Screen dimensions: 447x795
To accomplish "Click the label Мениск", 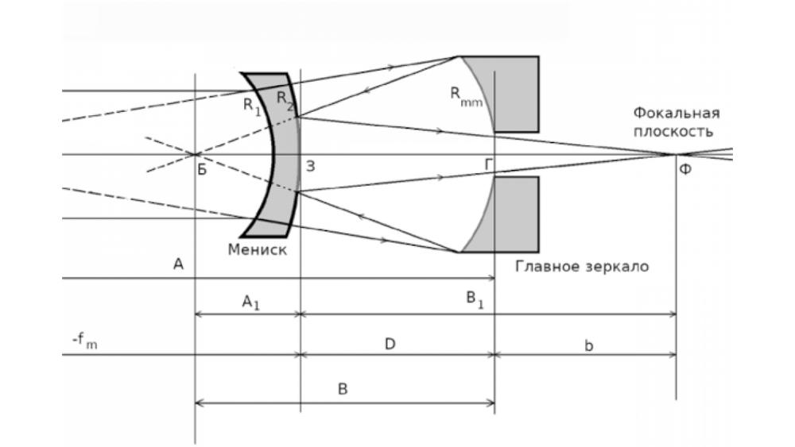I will coord(258,249).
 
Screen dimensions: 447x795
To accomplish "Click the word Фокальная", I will coord(677,112).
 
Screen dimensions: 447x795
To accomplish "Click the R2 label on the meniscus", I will coord(285,98).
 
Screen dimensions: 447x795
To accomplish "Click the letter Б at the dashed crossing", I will coord(202,168).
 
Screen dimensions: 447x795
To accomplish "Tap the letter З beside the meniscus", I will coord(310,166).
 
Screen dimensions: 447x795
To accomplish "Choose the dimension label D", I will coord(390,343).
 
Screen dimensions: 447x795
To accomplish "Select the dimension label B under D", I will coord(343,390).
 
